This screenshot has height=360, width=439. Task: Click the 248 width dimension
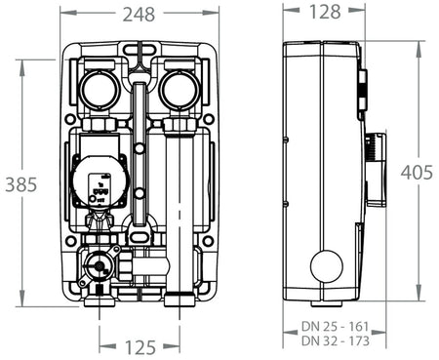click(140, 14)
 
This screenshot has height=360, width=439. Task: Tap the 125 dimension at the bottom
click(140, 346)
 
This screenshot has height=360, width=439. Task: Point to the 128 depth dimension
click(322, 13)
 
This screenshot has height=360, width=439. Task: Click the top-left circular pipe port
click(100, 90)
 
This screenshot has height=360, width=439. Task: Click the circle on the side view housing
click(327, 265)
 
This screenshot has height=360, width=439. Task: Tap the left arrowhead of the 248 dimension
click(63, 14)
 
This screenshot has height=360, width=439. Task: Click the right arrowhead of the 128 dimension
click(358, 13)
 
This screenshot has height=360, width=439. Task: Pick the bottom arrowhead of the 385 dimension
click(22, 302)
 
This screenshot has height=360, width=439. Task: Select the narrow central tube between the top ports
click(140, 107)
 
